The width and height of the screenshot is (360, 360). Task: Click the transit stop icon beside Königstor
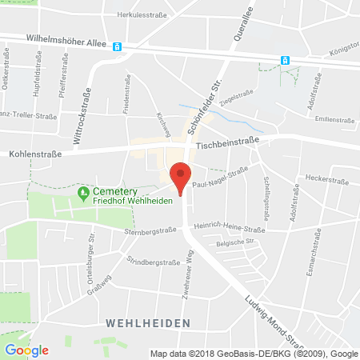tap(284, 59)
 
